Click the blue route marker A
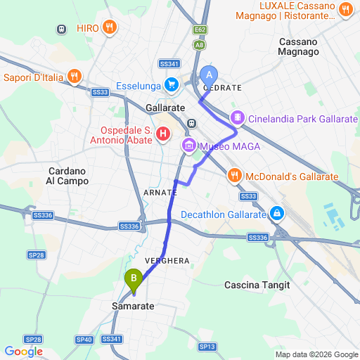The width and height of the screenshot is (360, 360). tap(209, 75)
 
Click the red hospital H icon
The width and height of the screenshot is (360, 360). tap(163, 133)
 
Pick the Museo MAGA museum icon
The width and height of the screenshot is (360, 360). tap(188, 146)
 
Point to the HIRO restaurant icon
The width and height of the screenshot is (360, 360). tap(109, 28)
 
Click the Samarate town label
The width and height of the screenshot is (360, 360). tap(133, 307)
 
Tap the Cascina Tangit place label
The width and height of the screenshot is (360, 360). tap(257, 285)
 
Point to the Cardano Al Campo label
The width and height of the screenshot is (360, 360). tap(67, 176)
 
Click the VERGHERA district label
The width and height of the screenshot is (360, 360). tap(167, 261)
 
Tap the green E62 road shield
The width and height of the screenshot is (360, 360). tap(200, 30)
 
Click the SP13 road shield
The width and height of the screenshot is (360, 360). tap(207, 347)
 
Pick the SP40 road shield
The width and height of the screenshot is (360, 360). tap(84, 340)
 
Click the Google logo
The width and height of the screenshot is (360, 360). tap(23, 352)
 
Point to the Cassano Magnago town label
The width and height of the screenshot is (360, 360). tap(298, 46)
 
